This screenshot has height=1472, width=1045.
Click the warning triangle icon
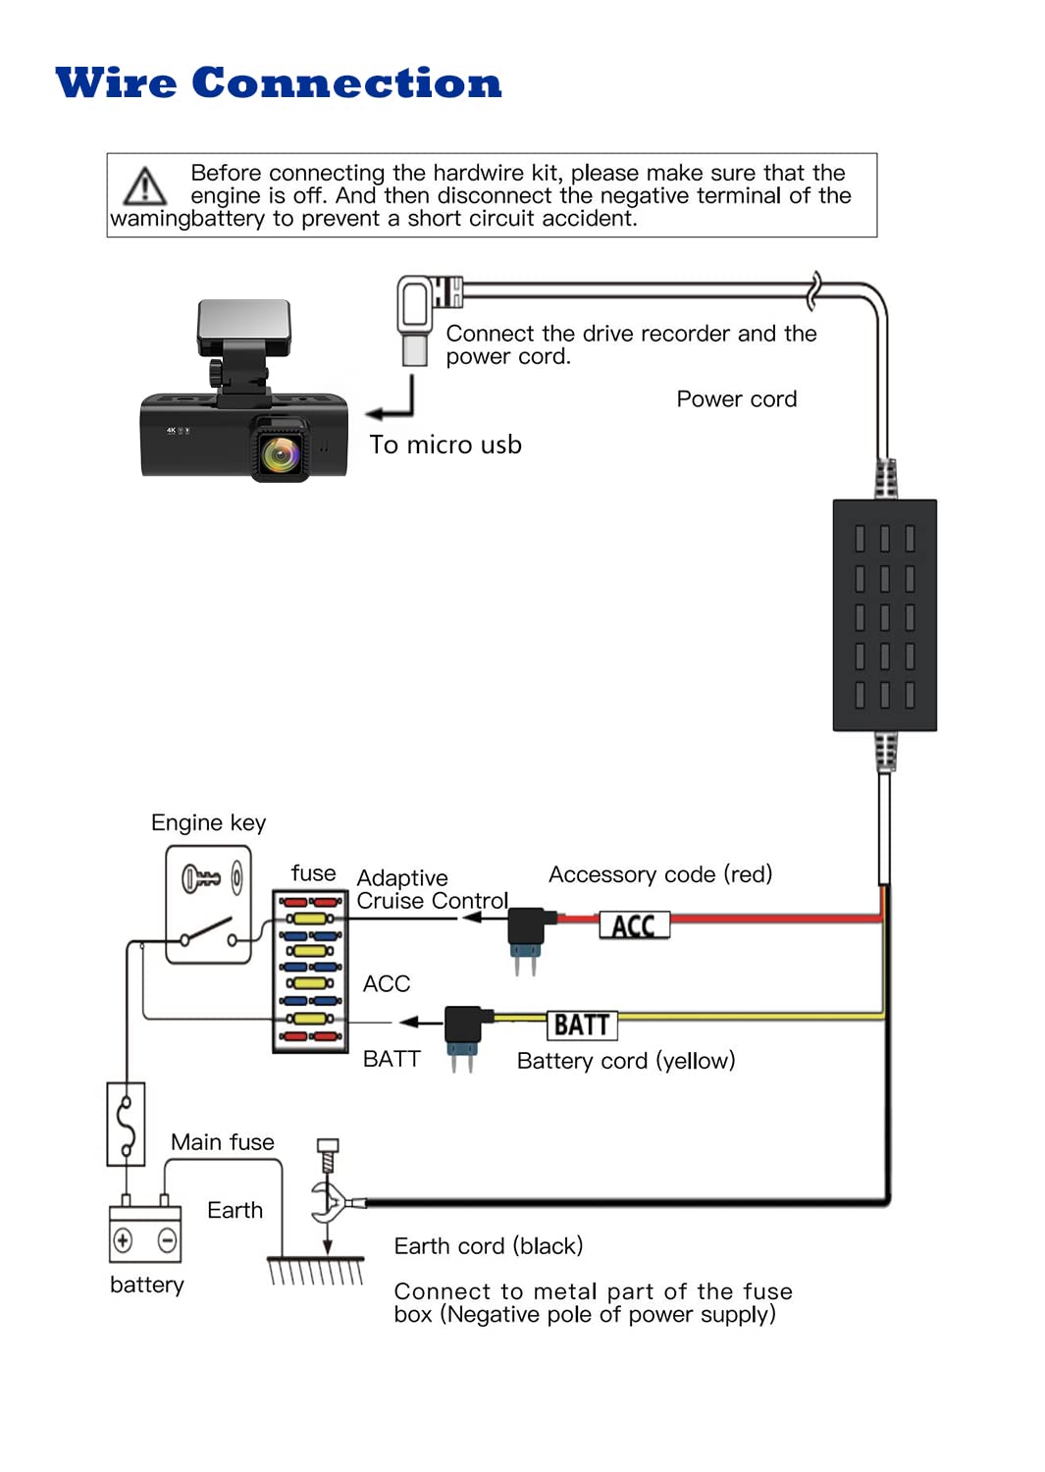pyautogui.click(x=145, y=185)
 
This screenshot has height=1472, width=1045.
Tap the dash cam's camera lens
pyautogui.click(x=281, y=453)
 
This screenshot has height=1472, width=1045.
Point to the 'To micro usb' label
pyautogui.click(x=444, y=445)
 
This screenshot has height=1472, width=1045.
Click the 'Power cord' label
pyautogui.click(x=736, y=399)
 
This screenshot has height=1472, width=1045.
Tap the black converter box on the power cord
pyautogui.click(x=884, y=614)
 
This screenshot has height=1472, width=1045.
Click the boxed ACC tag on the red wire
pyautogui.click(x=634, y=925)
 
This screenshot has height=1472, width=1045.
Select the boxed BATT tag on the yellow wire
pyautogui.click(x=582, y=1025)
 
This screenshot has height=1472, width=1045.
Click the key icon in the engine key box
pyautogui.click(x=201, y=877)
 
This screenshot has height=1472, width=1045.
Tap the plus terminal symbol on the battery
pyautogui.click(x=123, y=1239)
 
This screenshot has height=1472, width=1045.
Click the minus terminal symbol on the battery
pyautogui.click(x=167, y=1239)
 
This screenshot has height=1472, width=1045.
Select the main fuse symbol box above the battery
pyautogui.click(x=126, y=1124)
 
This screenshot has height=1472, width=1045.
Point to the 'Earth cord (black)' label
pyautogui.click(x=488, y=1245)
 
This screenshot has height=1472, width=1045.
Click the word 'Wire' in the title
pyautogui.click(x=116, y=83)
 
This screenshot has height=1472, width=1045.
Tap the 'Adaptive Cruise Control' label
pyautogui.click(x=432, y=889)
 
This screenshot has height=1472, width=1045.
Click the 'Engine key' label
pyautogui.click(x=208, y=822)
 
